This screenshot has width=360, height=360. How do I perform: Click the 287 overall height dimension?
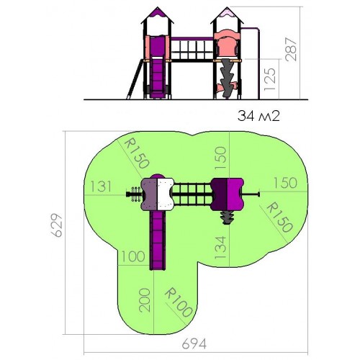(x=291, y=49)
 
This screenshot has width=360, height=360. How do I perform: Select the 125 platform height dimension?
(x=270, y=79)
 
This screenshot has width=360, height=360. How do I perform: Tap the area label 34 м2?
(x=258, y=116)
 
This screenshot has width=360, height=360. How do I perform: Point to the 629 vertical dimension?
(x=57, y=225)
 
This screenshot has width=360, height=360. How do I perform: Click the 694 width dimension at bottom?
(x=194, y=344)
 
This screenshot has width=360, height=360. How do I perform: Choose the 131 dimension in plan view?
(x=101, y=186)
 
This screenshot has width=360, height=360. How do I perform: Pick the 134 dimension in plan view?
(x=220, y=247)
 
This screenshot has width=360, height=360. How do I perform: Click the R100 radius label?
(x=179, y=302)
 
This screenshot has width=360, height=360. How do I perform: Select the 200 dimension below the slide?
(x=145, y=300)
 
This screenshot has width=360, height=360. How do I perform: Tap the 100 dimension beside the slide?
(x=133, y=256)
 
